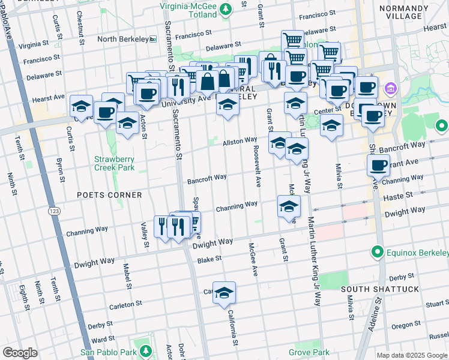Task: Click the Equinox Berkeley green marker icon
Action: tap(378, 251)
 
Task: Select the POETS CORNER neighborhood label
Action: tap(109, 195)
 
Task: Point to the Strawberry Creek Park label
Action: tap(114, 163)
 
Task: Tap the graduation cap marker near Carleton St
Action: tap(224, 293)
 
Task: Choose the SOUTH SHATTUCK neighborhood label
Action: tap(379, 289)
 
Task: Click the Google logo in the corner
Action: tap(20, 352)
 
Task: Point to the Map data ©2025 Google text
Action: tap(412, 355)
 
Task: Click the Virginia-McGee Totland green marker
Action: tap(225, 8)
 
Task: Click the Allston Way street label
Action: tap(240, 142)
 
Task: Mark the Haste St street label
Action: tap(400, 196)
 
